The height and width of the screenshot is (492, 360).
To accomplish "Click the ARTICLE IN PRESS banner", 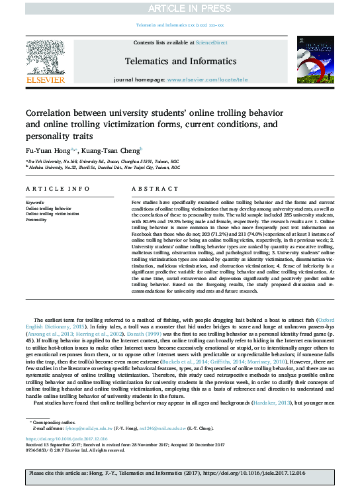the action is (x=180, y=9).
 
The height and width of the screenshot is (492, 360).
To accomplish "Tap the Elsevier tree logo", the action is (x=45, y=61).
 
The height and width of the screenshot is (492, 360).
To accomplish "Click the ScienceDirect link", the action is (x=211, y=42).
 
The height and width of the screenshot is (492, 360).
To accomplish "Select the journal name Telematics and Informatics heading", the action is (x=179, y=60).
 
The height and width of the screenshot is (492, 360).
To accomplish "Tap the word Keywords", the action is (x=35, y=201).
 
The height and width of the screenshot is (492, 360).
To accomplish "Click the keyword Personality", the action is (x=36, y=219).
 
